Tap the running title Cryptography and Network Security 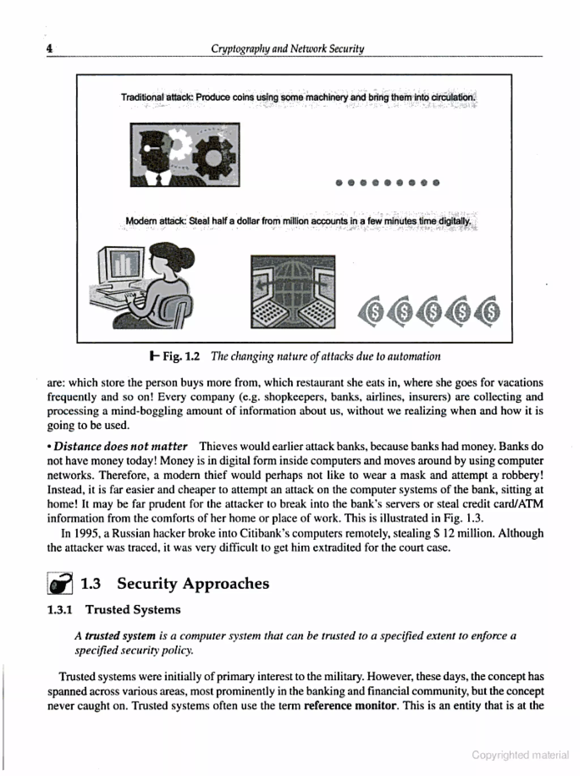[287, 48]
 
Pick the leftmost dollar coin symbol [371, 311]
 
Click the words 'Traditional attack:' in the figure [157, 97]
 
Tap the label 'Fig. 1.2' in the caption [181, 356]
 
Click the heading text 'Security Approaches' [193, 584]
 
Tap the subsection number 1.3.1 [60, 610]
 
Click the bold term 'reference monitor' [350, 705]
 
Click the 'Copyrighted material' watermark [520, 755]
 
